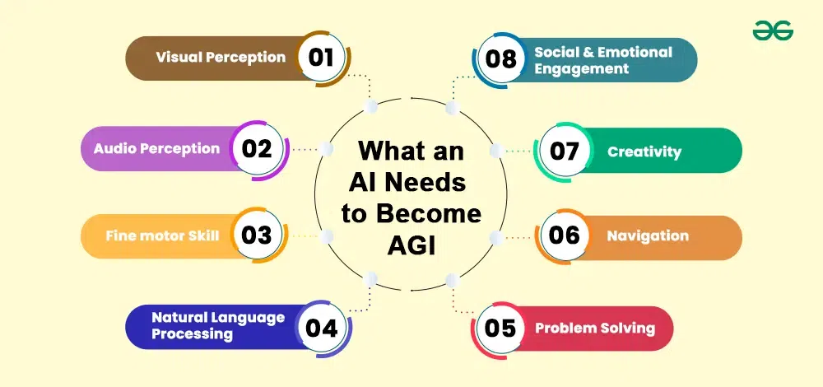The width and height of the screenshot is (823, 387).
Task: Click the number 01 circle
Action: pos(321,58)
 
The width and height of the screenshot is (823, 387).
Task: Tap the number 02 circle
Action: pos(257,149)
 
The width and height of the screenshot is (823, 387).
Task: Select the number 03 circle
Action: pos(257,235)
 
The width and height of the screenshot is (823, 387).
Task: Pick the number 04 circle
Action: pos(321,329)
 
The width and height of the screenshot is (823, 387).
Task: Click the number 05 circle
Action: pos(500,329)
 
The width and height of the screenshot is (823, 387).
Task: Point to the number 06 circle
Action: pos(565,235)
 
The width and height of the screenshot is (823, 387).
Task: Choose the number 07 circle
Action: pos(565,152)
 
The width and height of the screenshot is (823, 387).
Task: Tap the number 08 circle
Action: pos(500,58)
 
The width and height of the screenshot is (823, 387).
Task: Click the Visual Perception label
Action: pos(221,58)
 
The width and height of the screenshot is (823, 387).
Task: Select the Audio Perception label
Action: pos(157,148)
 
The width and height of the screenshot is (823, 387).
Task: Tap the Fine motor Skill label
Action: pos(163,235)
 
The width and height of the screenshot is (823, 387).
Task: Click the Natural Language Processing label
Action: pos(218,325)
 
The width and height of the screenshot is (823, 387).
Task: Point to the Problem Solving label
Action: pos(595,329)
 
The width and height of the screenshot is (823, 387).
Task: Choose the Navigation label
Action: pos(648,235)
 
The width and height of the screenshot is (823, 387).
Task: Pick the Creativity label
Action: pos(644,152)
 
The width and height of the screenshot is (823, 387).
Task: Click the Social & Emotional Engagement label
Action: pos(603,60)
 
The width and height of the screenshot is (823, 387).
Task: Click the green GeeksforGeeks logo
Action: pos(773,31)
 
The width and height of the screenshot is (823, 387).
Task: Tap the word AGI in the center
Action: pos(411,246)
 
